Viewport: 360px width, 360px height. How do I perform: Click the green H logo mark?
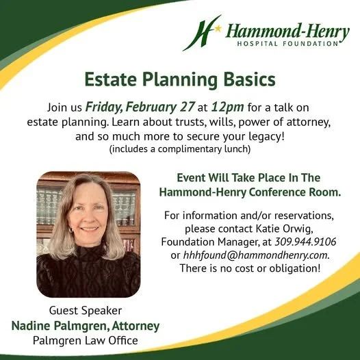point(201,32)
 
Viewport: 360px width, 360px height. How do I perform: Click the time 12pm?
point(224,107)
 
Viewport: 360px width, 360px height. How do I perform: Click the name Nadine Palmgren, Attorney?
point(85,325)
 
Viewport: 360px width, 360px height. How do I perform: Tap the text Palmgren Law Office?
point(85,340)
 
